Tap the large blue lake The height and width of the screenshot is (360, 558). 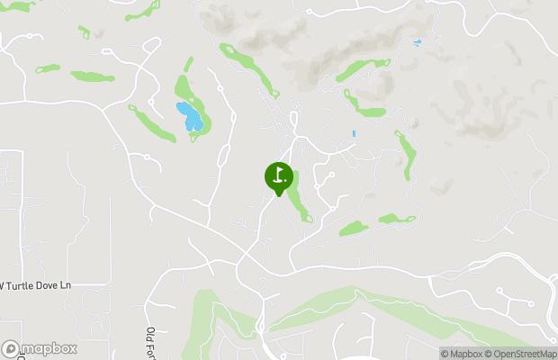pyautogui.click(x=190, y=117)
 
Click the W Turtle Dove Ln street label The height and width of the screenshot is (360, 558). pyautogui.click(x=36, y=285)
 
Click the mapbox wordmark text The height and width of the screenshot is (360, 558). pyautogui.click(x=49, y=348)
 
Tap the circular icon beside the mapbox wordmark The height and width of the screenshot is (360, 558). pyautogui.click(x=11, y=348)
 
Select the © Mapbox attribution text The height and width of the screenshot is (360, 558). pyautogui.click(x=462, y=354)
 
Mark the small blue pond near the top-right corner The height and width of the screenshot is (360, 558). pyautogui.click(x=416, y=42)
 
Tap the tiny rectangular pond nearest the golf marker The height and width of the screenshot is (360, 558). pyautogui.click(x=354, y=134)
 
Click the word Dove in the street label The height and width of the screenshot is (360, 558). pyautogui.click(x=47, y=285)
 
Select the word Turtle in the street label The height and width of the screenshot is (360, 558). pyautogui.click(x=22, y=285)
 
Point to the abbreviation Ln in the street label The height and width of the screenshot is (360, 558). pyautogui.click(x=65, y=285)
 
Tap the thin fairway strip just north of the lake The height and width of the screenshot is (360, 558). pyautogui.click(x=189, y=65)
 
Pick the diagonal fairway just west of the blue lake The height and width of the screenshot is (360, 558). pyautogui.click(x=153, y=123)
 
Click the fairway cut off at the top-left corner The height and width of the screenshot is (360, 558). pyautogui.click(x=18, y=6)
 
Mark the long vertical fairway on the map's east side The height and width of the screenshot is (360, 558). pyautogui.click(x=409, y=155)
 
